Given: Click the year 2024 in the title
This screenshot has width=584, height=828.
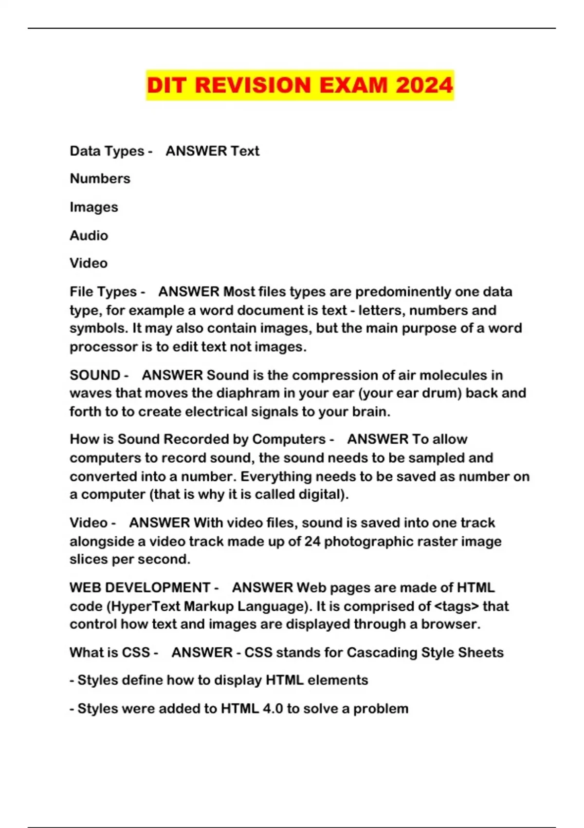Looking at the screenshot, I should (424, 85).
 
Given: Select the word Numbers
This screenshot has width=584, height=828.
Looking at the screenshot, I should (100, 179).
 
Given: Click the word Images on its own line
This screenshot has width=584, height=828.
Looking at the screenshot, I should (94, 207).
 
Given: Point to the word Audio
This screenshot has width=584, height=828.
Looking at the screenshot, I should (89, 235).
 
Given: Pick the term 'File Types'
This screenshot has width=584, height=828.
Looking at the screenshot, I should (103, 292).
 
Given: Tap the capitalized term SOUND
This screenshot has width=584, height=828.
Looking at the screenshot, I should (95, 375).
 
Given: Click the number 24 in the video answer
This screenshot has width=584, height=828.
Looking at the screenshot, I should (312, 541).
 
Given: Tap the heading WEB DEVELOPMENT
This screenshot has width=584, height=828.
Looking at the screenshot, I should (140, 587).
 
